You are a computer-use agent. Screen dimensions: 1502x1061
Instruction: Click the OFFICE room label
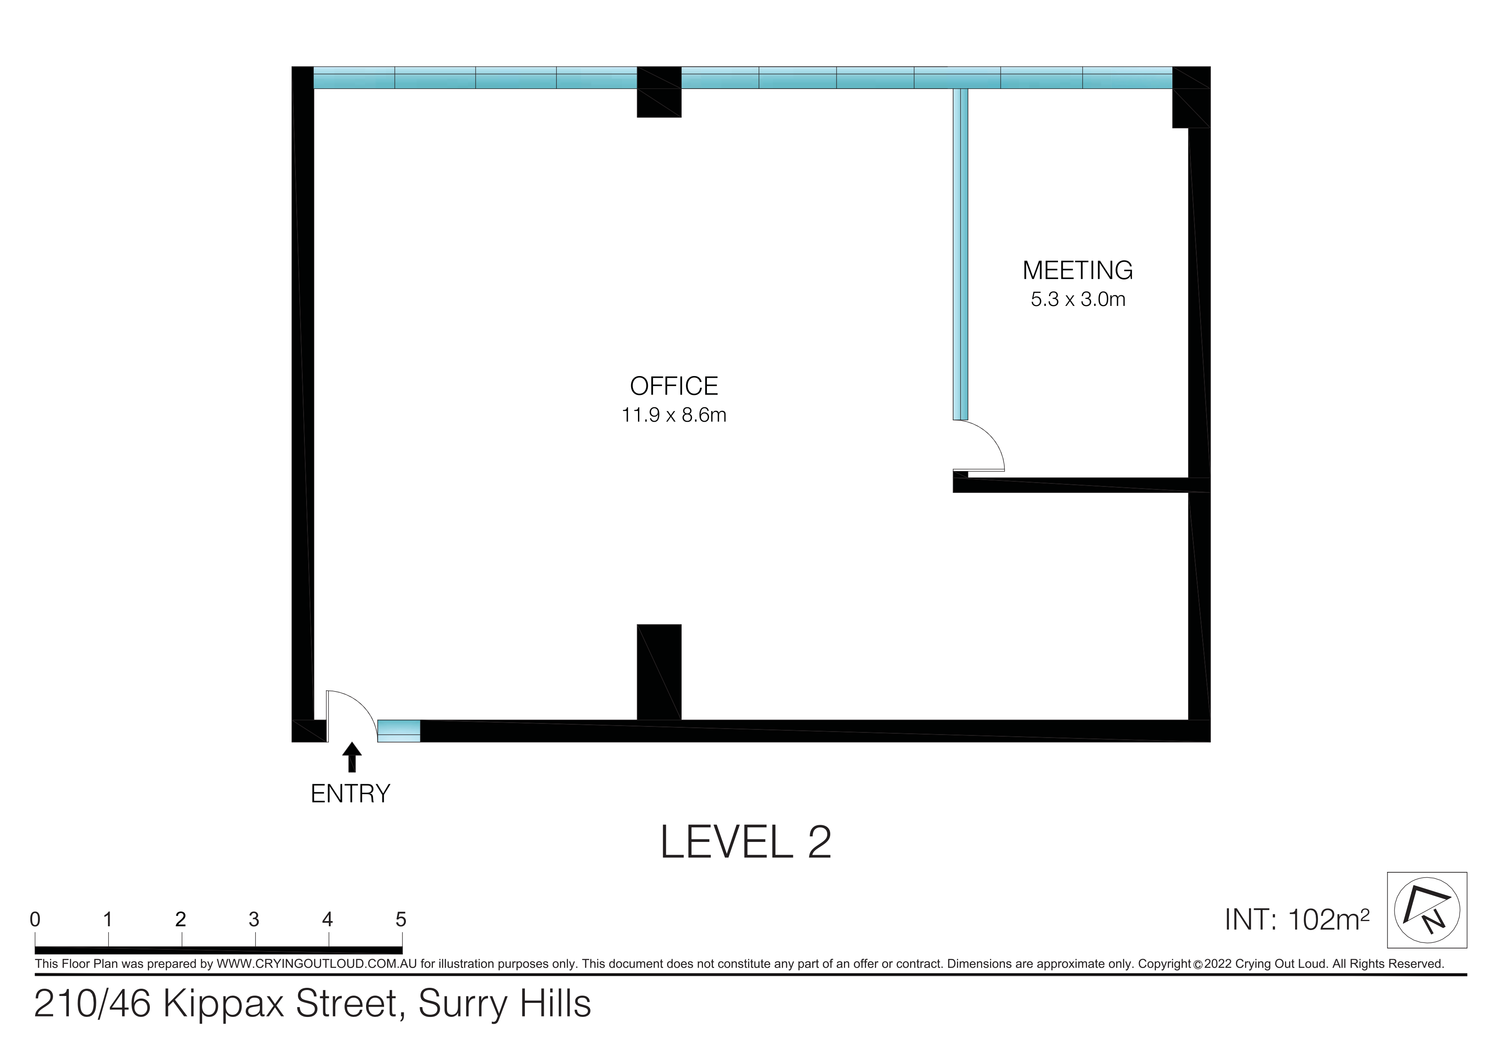[x=674, y=386]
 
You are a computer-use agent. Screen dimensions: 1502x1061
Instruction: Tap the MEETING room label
[x=1077, y=270]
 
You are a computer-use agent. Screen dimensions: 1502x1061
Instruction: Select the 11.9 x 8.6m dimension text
[x=674, y=415]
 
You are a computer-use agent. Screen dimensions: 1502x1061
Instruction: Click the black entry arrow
[x=352, y=757]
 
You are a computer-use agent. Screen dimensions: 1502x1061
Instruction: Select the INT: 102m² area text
[x=1296, y=919]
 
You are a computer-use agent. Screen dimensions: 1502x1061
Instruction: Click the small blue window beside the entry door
[x=399, y=731]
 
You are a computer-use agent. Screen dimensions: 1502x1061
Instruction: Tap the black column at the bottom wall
[x=659, y=672]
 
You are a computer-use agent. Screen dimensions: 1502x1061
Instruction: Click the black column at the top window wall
[x=659, y=92]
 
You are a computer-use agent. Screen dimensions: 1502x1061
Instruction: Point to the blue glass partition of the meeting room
[x=960, y=254]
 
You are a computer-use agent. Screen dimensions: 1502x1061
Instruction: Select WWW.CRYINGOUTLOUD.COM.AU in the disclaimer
[x=316, y=963]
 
